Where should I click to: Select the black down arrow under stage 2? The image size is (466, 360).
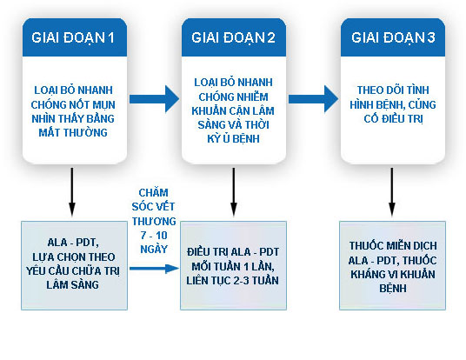pyautogui.click(x=232, y=192)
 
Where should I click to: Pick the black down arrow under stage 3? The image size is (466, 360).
pyautogui.click(x=392, y=192)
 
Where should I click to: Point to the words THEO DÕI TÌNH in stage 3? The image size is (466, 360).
pyautogui.click(x=392, y=89)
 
